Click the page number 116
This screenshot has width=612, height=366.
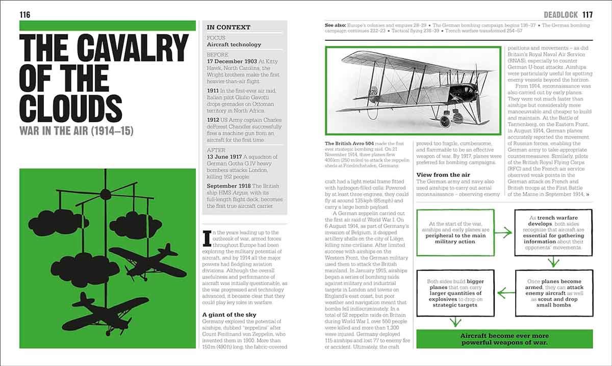pos(25,14)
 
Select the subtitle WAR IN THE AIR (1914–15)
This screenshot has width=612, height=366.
pos(76,131)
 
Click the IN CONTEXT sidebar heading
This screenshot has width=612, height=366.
pos(228,28)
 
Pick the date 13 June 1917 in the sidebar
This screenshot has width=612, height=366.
pos(227,156)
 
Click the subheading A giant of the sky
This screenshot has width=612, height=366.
pos(229,315)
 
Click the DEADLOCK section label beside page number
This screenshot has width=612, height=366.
pos(561,15)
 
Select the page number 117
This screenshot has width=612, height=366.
pos(587,15)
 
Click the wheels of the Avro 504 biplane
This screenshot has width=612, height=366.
pos(447,121)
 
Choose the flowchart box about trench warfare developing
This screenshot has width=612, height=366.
pos(553,232)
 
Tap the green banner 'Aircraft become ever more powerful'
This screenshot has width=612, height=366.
pos(504,339)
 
